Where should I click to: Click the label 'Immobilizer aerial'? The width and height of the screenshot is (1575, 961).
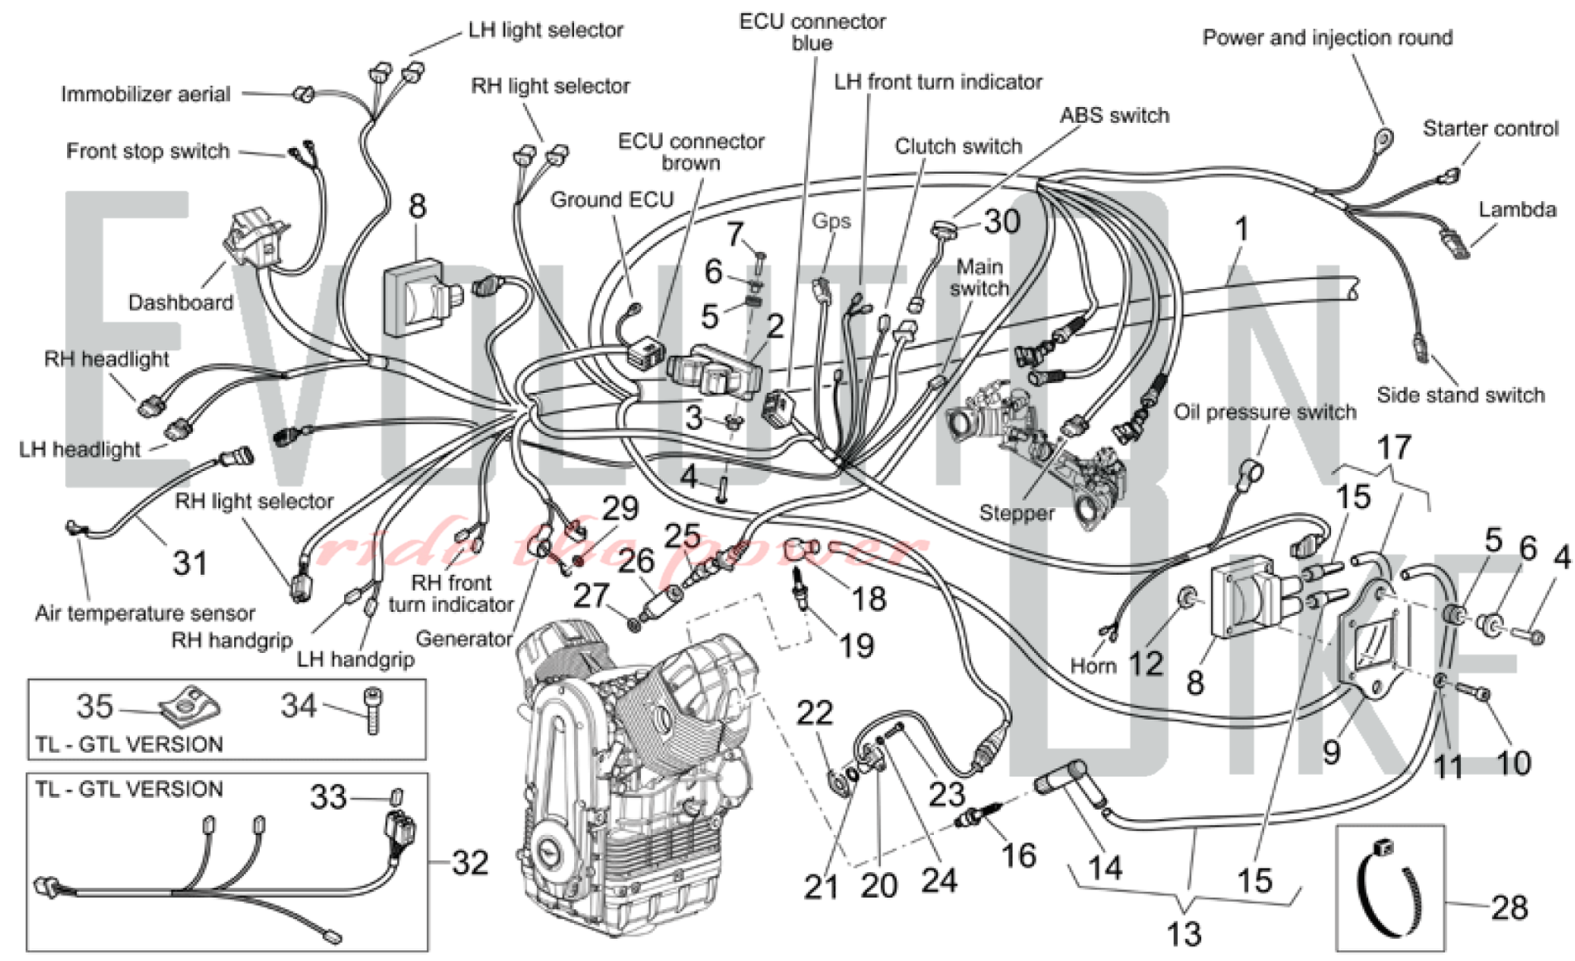[146, 95]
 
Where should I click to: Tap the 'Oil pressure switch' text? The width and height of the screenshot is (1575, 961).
[1265, 412]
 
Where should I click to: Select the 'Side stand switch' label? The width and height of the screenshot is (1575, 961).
[1461, 395]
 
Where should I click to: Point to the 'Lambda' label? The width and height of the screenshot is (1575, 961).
[1518, 210]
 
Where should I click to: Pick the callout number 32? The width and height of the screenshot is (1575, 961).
[470, 863]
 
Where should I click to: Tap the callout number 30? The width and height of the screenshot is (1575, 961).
[1002, 222]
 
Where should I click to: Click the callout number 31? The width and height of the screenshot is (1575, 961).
[191, 563]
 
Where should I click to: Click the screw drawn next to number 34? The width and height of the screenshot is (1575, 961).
[372, 711]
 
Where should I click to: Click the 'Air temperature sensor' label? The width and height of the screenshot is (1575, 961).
[145, 613]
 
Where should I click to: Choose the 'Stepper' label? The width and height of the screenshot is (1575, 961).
[1017, 513]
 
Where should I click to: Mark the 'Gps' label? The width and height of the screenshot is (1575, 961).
[832, 221]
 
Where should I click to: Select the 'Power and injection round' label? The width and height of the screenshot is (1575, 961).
[1328, 38]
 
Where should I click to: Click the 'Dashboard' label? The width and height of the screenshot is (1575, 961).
[180, 302]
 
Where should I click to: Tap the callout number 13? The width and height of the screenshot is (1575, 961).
[1184, 934]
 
